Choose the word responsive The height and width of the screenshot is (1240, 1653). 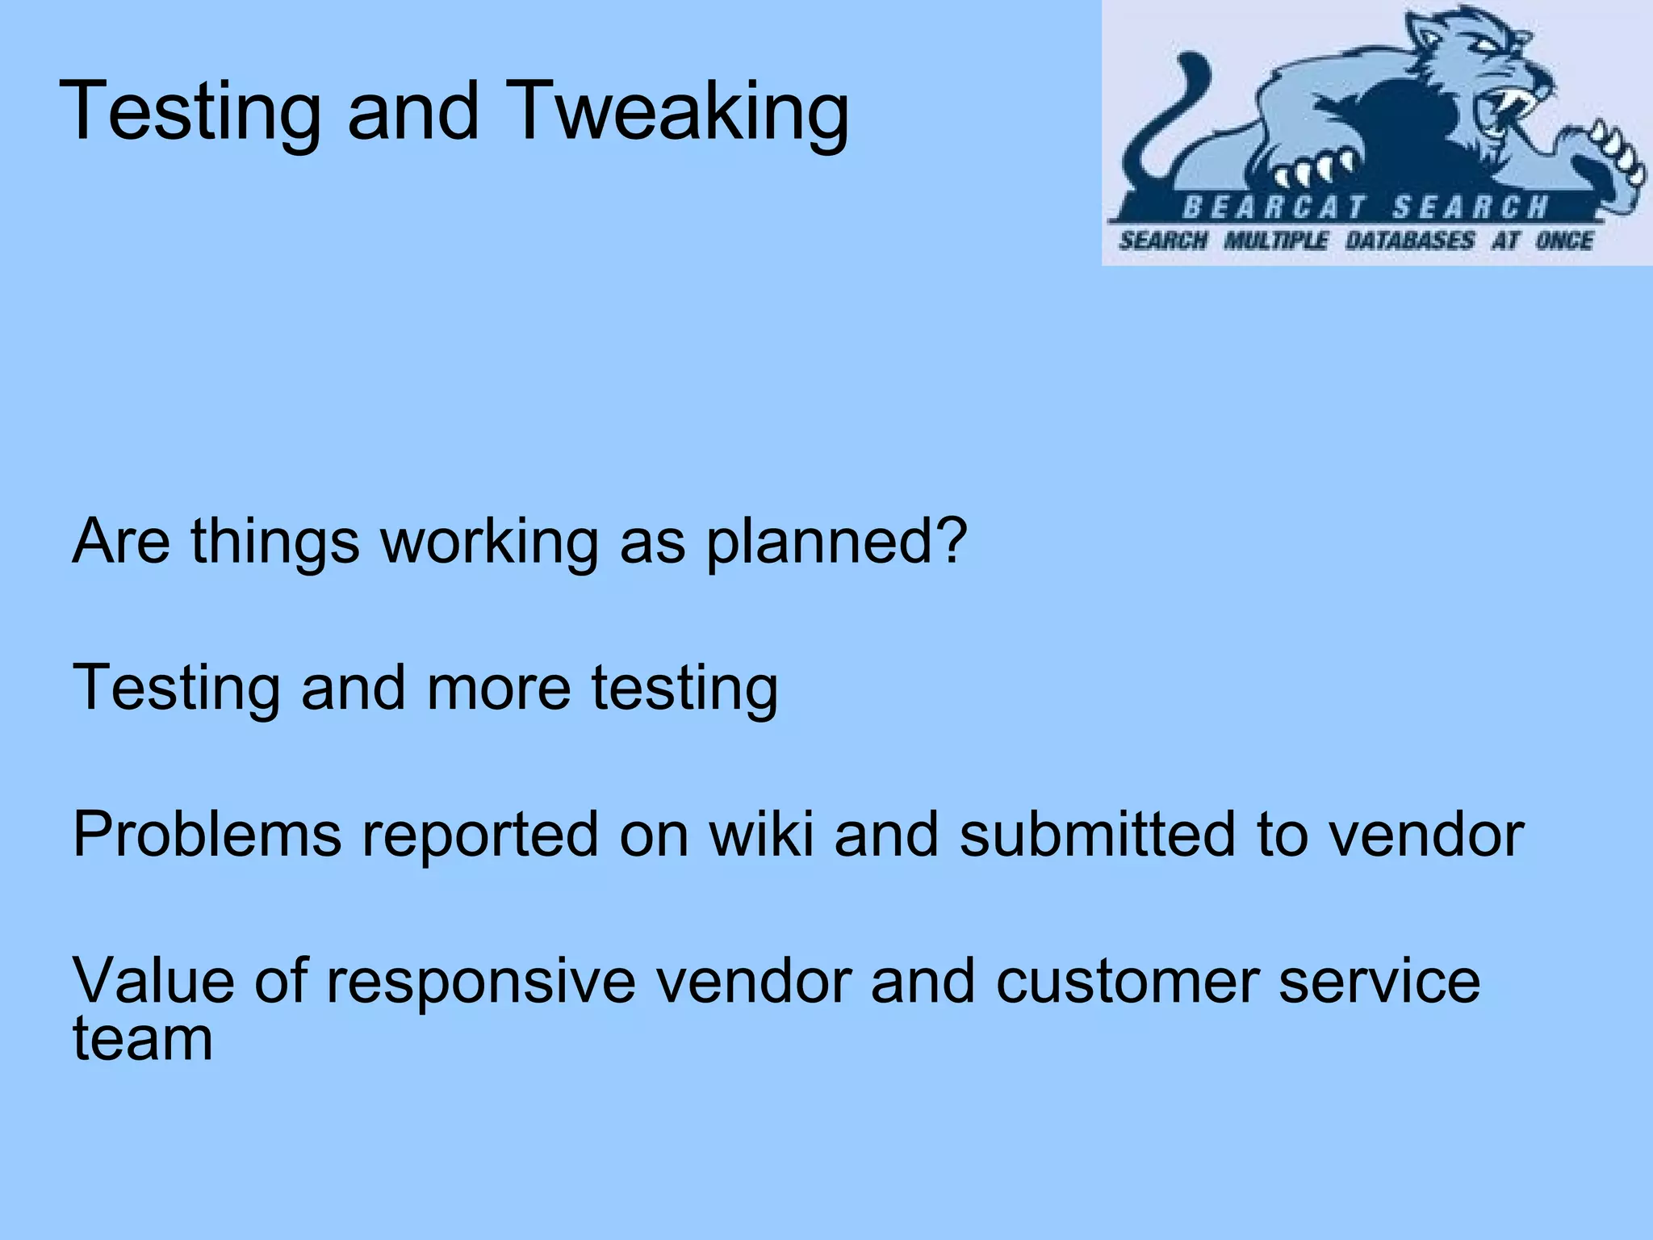pyautogui.click(x=480, y=980)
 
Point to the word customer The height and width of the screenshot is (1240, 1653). pyautogui.click(x=1127, y=980)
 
